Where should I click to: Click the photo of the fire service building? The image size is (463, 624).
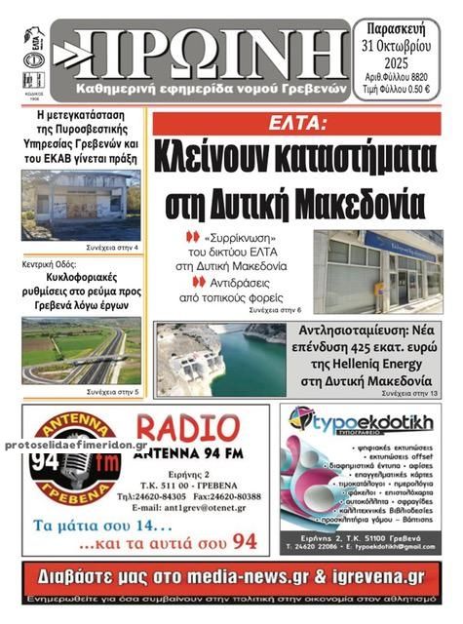tap(81, 205)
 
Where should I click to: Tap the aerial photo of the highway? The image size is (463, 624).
tap(81, 350)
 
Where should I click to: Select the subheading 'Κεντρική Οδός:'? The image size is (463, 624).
tap(50, 263)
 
